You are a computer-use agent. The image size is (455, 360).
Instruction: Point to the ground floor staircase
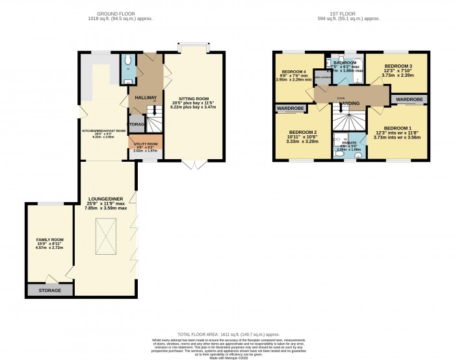coord(154,120)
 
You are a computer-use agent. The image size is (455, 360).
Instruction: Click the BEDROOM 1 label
coord(397,128)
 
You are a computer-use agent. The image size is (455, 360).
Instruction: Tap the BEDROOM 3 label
coord(396,66)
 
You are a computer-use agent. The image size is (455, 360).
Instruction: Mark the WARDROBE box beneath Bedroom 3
coord(409,99)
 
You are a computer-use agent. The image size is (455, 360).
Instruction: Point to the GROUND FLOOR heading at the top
coord(114,13)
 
